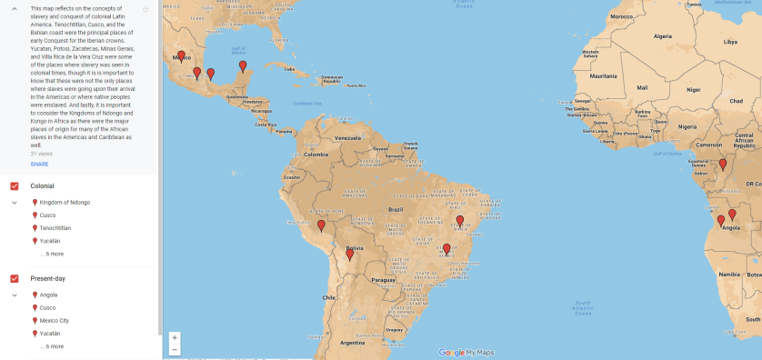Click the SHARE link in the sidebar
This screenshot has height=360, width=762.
tap(39, 165)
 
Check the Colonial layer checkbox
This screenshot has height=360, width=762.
tap(15, 186)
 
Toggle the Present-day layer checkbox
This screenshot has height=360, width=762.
tap(15, 278)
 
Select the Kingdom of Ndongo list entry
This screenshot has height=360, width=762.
tap(65, 202)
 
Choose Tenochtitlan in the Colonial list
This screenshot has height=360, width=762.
tap(55, 228)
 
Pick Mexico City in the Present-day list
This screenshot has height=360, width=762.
tap(54, 321)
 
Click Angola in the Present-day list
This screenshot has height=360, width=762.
tap(48, 295)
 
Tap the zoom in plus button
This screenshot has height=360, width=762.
tap(174, 337)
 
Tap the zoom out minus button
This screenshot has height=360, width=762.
tap(174, 349)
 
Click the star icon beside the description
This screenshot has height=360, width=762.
tap(145, 9)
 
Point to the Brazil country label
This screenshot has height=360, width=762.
tap(395, 209)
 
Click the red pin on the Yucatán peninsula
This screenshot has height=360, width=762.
tap(242, 66)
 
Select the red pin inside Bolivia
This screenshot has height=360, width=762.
tap(349, 255)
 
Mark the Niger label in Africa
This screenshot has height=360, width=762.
tap(693, 90)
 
